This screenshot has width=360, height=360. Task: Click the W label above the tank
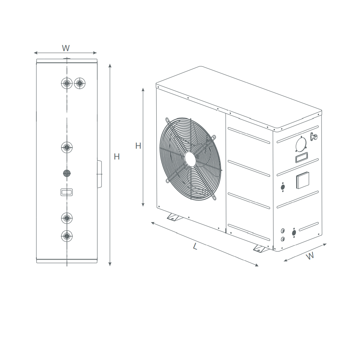click(66, 48)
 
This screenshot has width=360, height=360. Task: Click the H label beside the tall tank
click(117, 157)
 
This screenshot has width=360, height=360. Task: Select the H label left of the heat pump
click(138, 146)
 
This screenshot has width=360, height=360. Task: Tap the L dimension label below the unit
click(195, 247)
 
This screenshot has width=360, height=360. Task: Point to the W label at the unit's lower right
click(310, 256)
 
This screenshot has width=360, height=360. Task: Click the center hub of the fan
click(191, 159)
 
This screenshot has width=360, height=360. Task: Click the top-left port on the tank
click(67, 84)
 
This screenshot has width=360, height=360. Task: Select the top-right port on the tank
click(80, 84)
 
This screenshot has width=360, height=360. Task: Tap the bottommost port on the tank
click(67, 236)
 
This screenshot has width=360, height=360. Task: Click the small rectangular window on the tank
click(67, 192)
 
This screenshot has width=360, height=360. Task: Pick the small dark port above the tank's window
click(67, 173)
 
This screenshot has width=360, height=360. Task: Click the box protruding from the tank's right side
click(99, 174)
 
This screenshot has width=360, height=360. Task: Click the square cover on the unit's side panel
click(302, 180)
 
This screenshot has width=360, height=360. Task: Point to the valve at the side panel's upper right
click(314, 136)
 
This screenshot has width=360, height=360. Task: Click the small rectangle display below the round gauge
click(301, 158)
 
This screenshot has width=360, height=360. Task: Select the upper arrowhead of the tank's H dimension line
click(110, 66)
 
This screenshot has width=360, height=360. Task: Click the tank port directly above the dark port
click(67, 147)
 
